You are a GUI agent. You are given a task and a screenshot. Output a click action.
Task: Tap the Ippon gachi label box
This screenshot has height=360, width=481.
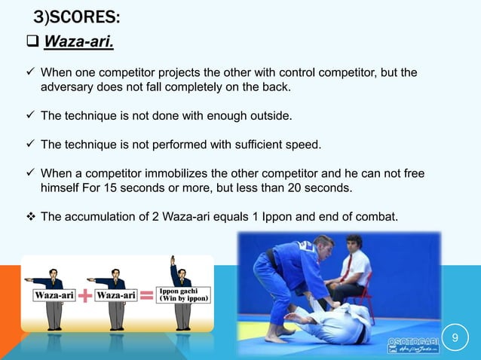point(183,294)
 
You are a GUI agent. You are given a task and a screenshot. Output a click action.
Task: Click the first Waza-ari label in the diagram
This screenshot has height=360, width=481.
point(54,296)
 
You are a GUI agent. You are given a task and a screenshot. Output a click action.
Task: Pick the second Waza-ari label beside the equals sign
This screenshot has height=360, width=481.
point(116,296)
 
